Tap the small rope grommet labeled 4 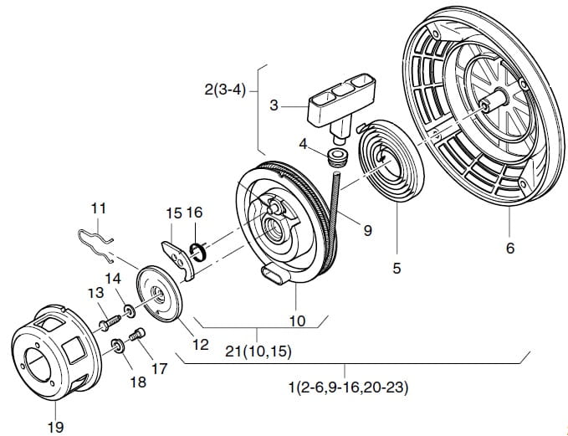pos(337,157)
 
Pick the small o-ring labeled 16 pos(197,249)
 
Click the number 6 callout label pos(510,248)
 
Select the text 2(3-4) pos(225,89)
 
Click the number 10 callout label pos(297,320)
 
